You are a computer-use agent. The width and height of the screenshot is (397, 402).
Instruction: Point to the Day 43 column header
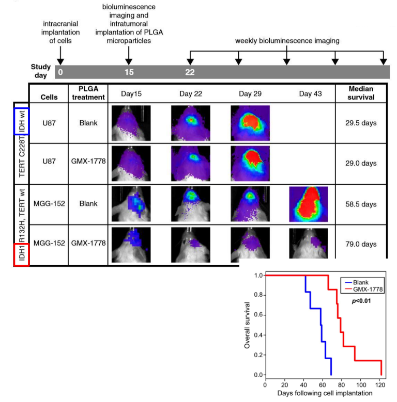coord(309,93)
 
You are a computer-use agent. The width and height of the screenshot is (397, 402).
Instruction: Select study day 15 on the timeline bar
coord(129,72)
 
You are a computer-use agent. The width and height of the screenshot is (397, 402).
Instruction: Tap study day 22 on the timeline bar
coord(190,72)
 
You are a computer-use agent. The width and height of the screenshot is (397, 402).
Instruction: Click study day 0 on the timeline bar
coord(60,72)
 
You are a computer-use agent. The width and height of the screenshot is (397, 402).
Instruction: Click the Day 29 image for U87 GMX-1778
coord(251,163)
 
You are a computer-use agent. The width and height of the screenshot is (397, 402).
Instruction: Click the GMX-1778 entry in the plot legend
coord(367,290)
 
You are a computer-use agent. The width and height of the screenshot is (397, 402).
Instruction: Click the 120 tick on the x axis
coord(380,385)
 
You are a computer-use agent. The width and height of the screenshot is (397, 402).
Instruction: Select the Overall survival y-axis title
coord(248,325)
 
